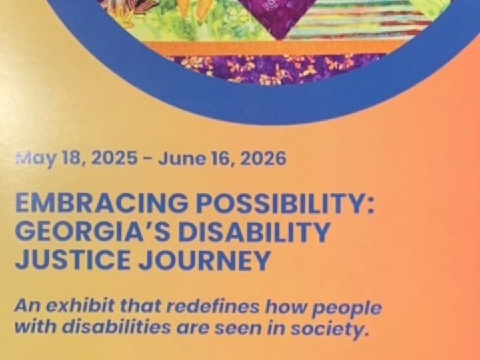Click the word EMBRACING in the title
101,203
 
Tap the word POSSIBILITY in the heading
285,203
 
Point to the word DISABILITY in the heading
255,231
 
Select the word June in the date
181,159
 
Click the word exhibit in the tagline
80,306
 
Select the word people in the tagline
347,308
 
